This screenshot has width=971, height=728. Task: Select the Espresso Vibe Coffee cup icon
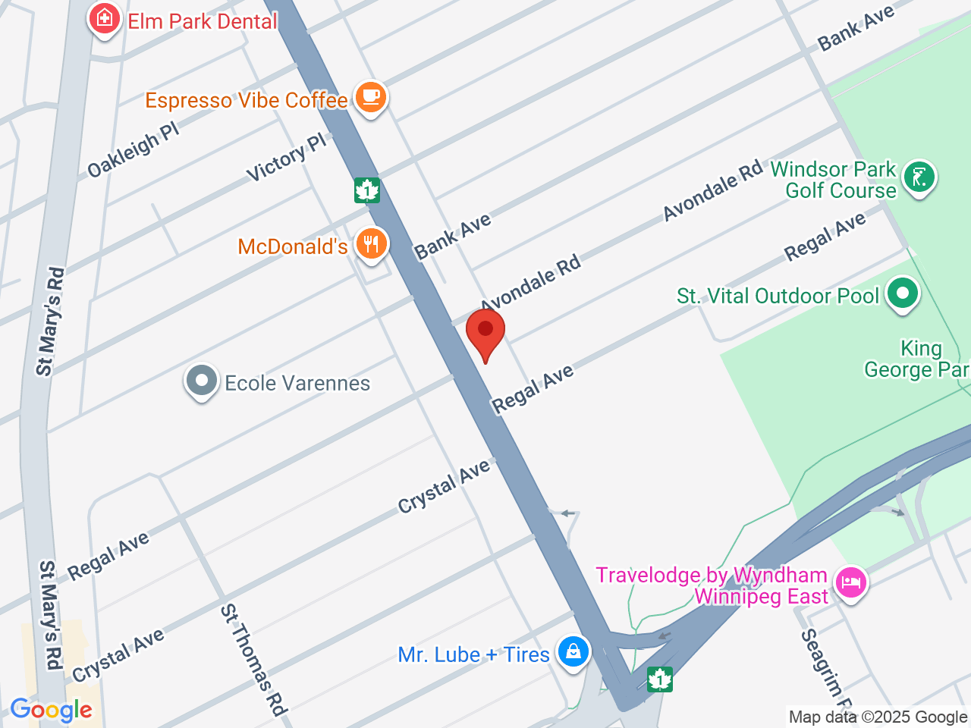(370, 97)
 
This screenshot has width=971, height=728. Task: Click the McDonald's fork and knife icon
(370, 244)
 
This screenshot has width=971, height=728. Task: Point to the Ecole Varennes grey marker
(202, 380)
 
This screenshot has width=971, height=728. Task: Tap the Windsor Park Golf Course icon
(919, 177)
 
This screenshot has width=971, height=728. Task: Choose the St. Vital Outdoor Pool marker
(902, 293)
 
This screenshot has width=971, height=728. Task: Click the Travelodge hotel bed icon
(850, 582)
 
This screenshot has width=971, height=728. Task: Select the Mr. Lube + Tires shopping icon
(573, 651)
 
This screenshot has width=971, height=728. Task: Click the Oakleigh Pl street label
(134, 149)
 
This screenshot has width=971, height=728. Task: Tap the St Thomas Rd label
(253, 660)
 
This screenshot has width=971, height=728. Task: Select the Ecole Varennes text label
(297, 383)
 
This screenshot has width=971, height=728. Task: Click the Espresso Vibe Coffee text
(247, 100)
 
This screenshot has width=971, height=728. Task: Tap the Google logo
(52, 710)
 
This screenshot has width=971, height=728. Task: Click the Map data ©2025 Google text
(878, 717)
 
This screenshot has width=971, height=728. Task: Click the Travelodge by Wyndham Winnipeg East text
(712, 585)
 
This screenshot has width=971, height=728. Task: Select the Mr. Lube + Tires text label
(473, 654)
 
